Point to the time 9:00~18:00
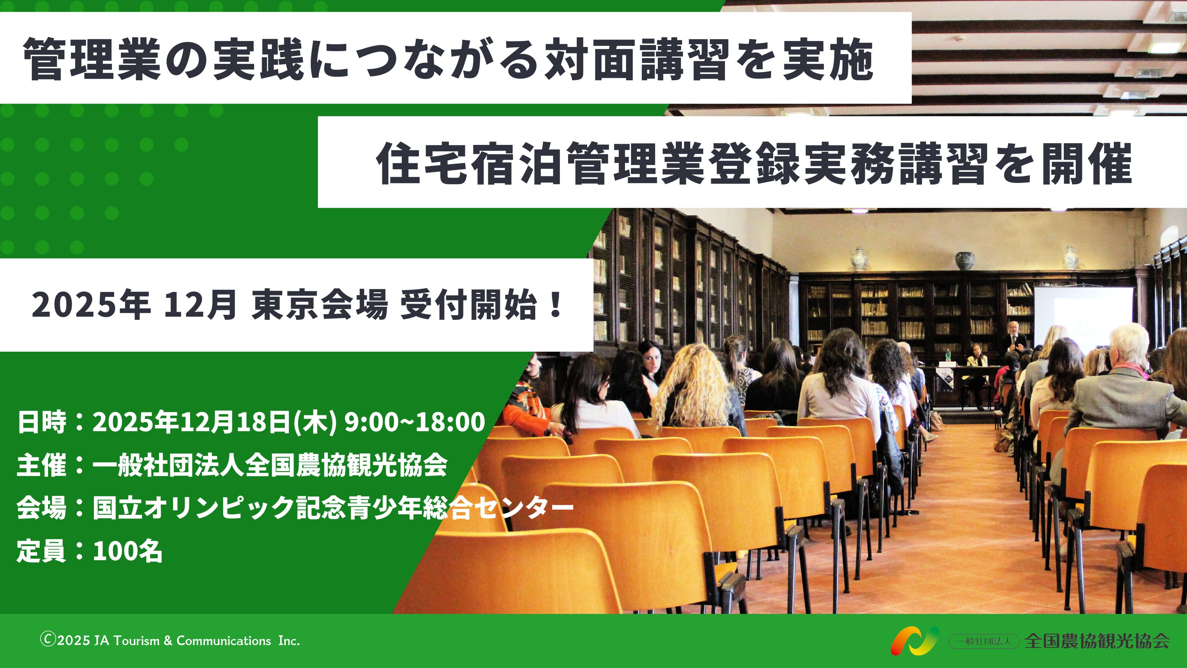[415, 421]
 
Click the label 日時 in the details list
[41, 421]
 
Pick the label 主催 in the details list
[41, 464]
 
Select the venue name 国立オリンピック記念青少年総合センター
[333, 507]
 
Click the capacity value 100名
[128, 550]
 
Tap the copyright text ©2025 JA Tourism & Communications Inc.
[170, 640]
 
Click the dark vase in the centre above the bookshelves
[964, 262]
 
